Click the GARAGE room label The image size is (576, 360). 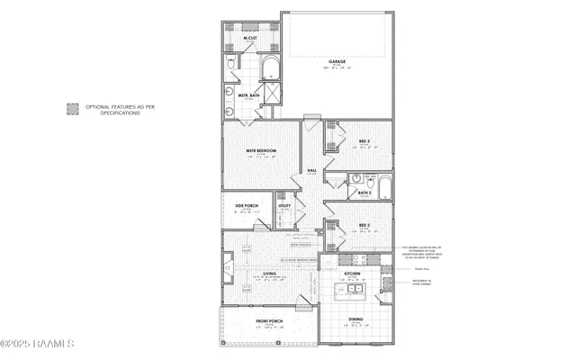(338, 61)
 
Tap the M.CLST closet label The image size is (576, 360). (250, 38)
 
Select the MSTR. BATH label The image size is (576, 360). (249, 94)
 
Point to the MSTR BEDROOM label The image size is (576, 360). (261, 151)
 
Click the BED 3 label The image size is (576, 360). (364, 141)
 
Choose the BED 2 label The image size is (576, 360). (364, 225)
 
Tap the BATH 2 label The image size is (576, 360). (364, 193)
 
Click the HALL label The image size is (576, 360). (312, 170)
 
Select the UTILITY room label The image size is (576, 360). (284, 206)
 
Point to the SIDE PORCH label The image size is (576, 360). (247, 206)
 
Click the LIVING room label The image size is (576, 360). (269, 274)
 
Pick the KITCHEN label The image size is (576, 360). (353, 273)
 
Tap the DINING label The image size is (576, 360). (356, 319)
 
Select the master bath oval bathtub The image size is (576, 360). (270, 67)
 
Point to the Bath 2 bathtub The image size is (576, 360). (384, 186)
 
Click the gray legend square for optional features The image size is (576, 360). (73, 110)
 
